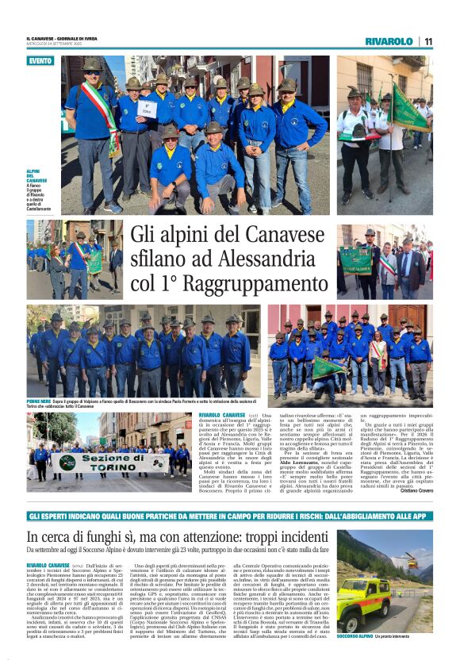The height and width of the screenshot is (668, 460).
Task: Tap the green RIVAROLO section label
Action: [389, 41]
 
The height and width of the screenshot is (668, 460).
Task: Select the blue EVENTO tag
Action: [40, 61]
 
